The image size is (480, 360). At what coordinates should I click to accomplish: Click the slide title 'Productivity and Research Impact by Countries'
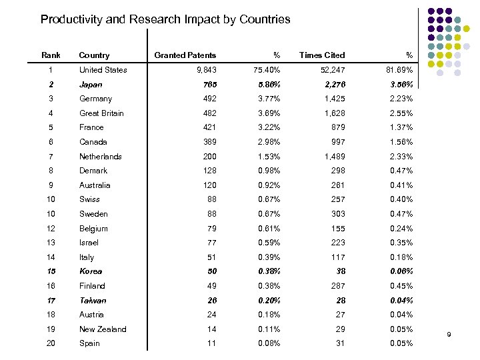[x=165, y=19]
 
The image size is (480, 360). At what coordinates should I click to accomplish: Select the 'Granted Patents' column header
[x=185, y=55]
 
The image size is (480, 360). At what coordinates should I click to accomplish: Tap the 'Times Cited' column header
[x=322, y=55]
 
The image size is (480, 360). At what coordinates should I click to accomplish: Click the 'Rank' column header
[x=51, y=55]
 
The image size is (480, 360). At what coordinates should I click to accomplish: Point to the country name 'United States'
[x=103, y=70]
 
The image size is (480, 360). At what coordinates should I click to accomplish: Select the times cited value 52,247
[x=331, y=70]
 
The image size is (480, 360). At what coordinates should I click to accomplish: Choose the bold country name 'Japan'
[x=91, y=85]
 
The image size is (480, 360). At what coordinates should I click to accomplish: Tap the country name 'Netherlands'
[x=101, y=157]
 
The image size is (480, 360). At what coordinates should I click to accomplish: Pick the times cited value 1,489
[x=333, y=157]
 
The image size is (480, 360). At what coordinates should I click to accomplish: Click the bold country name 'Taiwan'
[x=93, y=301]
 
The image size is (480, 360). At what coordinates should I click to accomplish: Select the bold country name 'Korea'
[x=91, y=272]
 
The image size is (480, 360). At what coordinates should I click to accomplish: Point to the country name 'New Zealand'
[x=103, y=329]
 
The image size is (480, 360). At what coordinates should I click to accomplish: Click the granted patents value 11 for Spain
[x=211, y=343]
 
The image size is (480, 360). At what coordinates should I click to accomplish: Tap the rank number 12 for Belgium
[x=51, y=229]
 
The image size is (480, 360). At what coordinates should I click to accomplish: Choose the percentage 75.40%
[x=267, y=70]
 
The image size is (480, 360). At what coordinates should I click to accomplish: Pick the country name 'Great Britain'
[x=101, y=113]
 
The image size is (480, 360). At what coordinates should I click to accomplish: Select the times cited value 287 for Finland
[x=338, y=286]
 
